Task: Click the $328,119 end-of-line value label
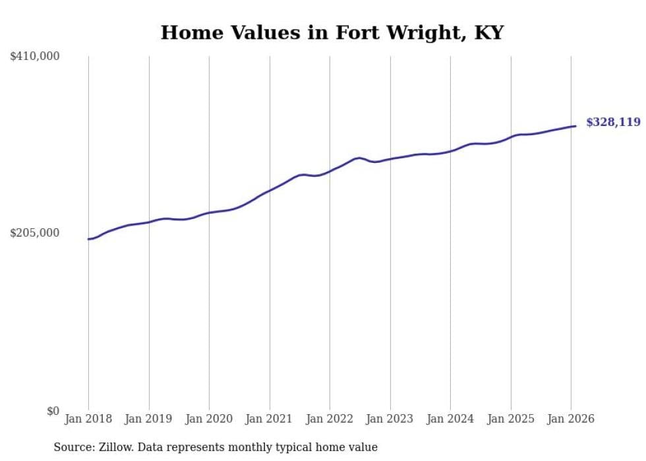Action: coord(612,122)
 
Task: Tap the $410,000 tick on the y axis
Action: coord(35,57)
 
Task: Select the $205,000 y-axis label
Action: coord(35,233)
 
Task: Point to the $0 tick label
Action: coord(53,411)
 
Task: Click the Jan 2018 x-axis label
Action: coord(88,419)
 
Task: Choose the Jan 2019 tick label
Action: coord(148,419)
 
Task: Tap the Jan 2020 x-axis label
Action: coord(209,419)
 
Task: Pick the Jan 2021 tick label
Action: coord(269,419)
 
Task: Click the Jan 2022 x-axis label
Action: coord(330,419)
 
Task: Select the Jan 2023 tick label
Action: coord(390,419)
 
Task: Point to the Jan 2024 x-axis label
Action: coord(450,419)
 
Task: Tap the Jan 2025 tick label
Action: coord(510,419)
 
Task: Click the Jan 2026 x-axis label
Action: coord(571,419)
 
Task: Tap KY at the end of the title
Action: coord(490,33)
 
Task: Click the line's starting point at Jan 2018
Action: coord(88,239)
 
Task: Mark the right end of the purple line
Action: coord(575,126)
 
